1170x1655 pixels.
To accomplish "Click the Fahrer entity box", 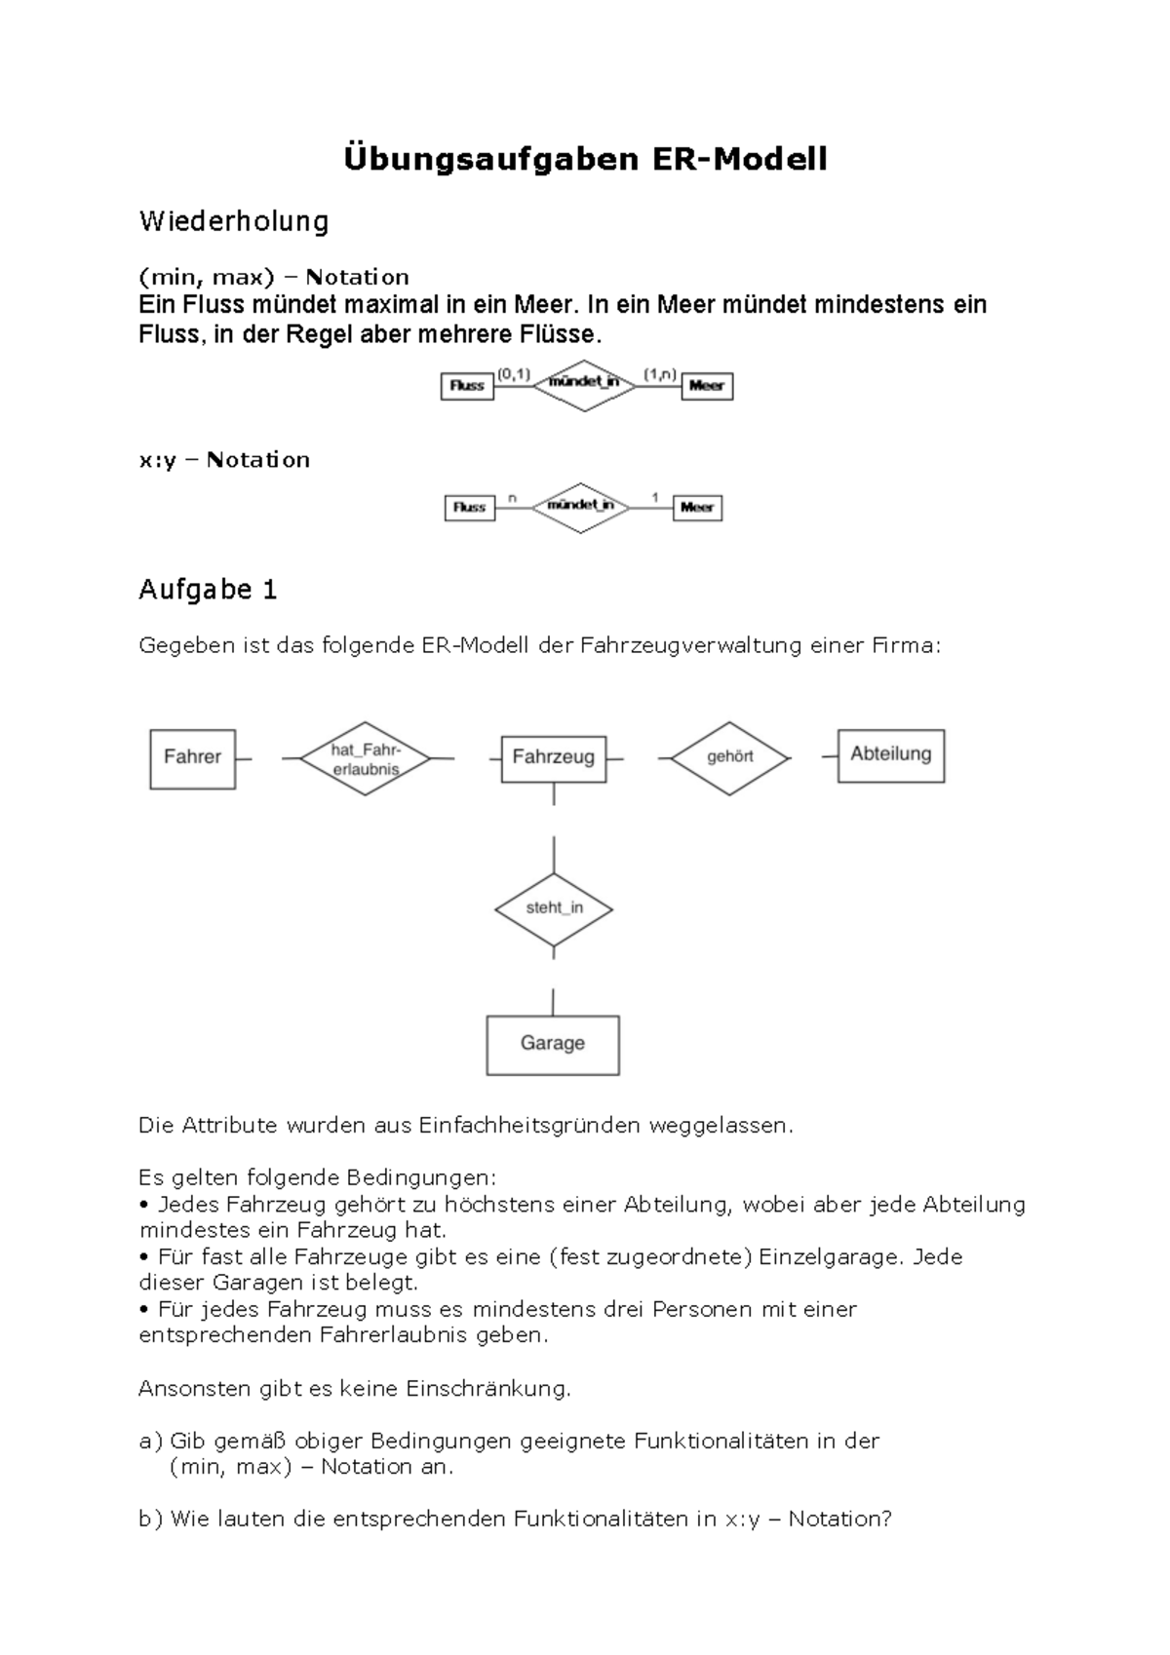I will pyautogui.click(x=192, y=758).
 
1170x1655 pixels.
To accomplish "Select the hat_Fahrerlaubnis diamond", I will pyautogui.click(x=366, y=758).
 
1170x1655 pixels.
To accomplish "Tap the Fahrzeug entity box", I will pyautogui.click(x=553, y=758).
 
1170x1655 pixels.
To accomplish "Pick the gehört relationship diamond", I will pyautogui.click(x=729, y=757).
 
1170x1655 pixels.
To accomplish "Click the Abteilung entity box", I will pyautogui.click(x=890, y=755).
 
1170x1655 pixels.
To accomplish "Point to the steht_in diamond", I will pyautogui.click(x=554, y=908).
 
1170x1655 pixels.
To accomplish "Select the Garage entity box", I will pyautogui.click(x=553, y=1044).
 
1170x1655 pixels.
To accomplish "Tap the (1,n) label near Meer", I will pyautogui.click(x=659, y=373).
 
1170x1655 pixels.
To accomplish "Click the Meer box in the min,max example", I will pyautogui.click(x=707, y=386).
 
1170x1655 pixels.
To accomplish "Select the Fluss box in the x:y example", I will pyautogui.click(x=469, y=508).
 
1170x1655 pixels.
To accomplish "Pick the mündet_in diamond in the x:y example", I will pyautogui.click(x=581, y=507).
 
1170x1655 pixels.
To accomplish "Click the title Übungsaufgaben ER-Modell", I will pyautogui.click(x=585, y=159).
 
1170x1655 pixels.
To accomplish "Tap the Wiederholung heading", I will pyautogui.click(x=234, y=221).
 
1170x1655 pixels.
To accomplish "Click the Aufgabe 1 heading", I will pyautogui.click(x=208, y=590).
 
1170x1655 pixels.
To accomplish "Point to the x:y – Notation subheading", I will pyautogui.click(x=224, y=460).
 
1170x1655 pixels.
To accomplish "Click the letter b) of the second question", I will pyautogui.click(x=150, y=1519).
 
